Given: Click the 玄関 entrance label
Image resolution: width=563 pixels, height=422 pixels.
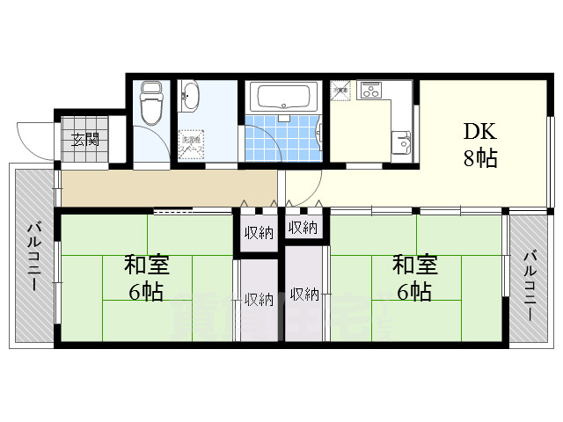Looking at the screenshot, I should pos(85,139).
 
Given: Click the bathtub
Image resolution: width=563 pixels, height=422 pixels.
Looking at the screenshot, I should pos(282,96).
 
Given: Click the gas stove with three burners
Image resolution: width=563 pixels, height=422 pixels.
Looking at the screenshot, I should pos(369,90).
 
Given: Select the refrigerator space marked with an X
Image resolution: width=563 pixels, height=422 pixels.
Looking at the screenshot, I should pos(341,90).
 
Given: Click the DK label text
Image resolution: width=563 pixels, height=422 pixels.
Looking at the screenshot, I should pos(480,133).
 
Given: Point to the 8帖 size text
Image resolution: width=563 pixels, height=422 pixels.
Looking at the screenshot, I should pos(480,159).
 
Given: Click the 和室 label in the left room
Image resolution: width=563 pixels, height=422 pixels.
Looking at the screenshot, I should pos(146,265).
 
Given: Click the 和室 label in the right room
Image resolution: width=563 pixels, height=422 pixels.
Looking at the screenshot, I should pos(415,265).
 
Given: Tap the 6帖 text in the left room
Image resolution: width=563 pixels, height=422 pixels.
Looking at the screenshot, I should pos(146,292).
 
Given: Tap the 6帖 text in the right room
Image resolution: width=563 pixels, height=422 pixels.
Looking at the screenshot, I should pos(415,292).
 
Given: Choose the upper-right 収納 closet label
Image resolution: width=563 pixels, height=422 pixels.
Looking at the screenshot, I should pos(302,229).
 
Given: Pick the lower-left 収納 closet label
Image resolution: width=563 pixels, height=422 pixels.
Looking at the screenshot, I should pos(259,299).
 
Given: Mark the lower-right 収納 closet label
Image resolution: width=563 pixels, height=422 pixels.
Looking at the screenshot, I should pos(304,295).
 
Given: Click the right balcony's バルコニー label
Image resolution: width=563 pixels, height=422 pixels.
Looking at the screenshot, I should pos(530,287).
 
